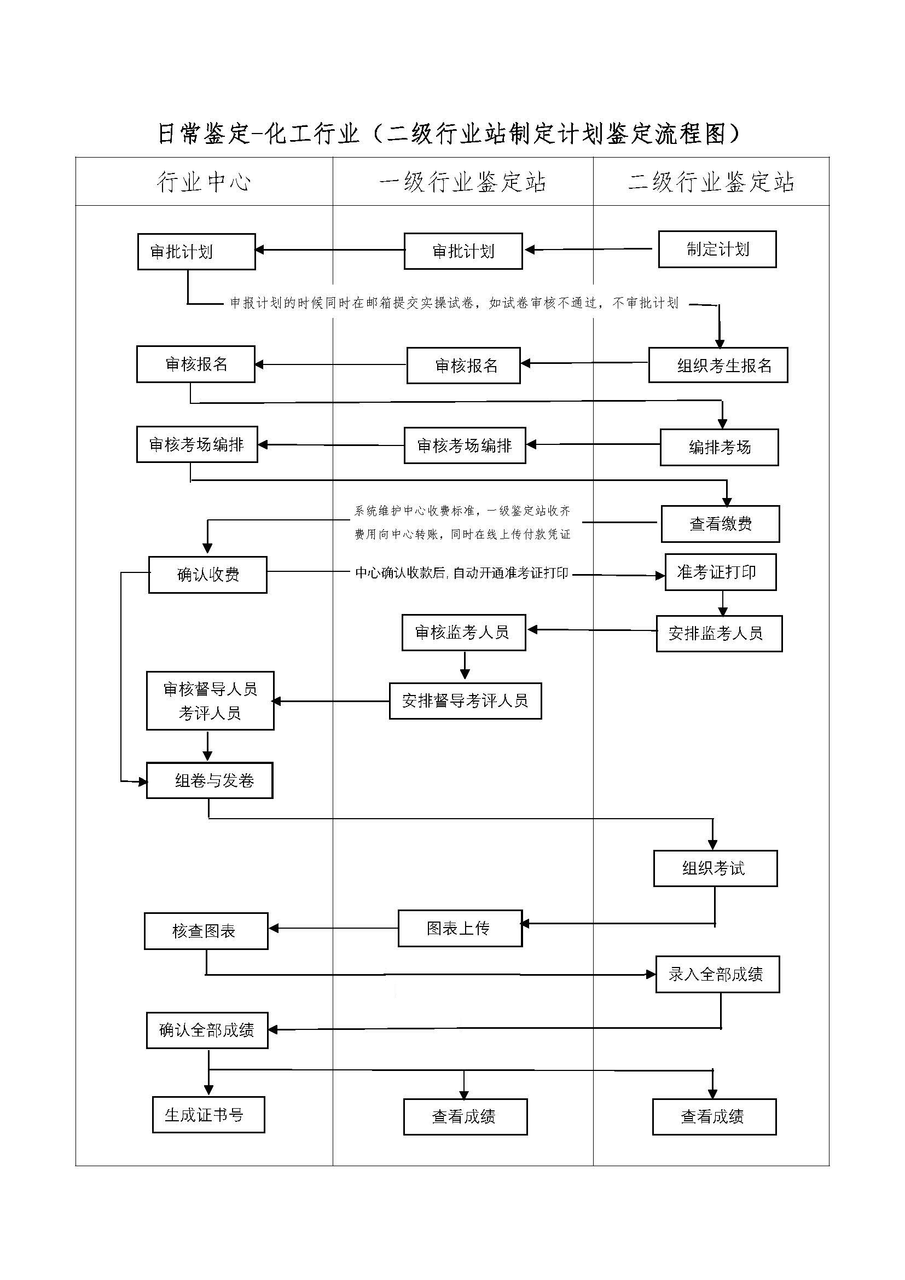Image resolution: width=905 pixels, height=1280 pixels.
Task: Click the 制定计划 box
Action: point(717,249)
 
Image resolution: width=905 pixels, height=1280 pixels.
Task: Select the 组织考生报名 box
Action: point(718,365)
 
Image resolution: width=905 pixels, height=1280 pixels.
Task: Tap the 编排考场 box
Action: point(720,447)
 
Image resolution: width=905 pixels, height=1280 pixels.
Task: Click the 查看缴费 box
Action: point(721,524)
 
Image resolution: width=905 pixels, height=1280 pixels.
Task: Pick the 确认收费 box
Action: point(208,575)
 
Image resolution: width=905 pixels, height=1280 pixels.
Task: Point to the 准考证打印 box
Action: point(721,572)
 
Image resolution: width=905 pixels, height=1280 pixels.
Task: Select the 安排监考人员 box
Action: point(720,634)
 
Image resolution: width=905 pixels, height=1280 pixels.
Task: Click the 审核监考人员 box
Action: point(464,633)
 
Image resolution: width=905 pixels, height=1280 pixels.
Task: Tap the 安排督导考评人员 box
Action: point(465,701)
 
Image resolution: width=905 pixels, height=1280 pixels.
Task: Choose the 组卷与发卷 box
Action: point(210,780)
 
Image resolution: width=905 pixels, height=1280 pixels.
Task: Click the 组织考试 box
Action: point(716,868)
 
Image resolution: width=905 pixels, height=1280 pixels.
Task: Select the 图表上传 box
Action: point(460,929)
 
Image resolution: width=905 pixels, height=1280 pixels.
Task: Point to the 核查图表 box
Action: point(206,931)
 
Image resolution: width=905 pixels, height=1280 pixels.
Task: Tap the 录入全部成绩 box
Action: point(718,975)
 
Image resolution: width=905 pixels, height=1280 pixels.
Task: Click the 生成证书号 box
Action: point(208,1115)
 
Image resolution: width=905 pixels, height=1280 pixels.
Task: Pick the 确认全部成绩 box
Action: point(207,1031)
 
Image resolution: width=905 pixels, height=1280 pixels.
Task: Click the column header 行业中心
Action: point(204,182)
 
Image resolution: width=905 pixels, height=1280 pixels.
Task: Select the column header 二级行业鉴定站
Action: point(712,182)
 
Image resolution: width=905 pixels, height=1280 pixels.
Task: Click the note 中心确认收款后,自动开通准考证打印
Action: point(462,573)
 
